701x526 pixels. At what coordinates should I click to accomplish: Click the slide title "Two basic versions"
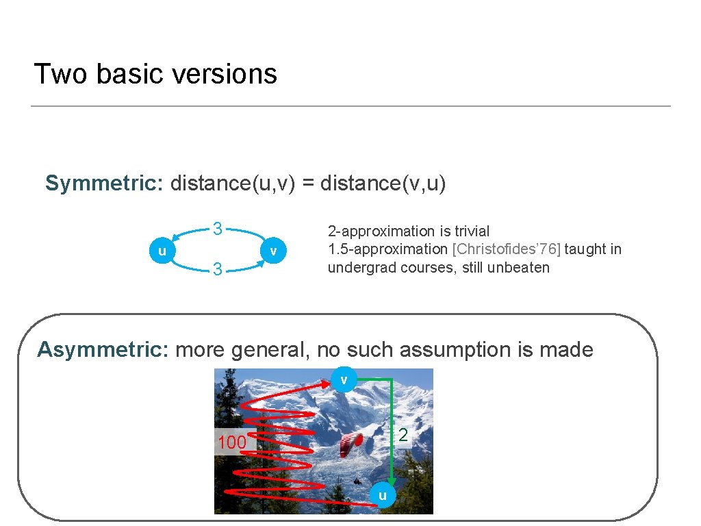click(x=155, y=74)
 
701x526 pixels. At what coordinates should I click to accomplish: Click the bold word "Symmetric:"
click(x=103, y=184)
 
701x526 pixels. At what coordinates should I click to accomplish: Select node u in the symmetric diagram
click(x=162, y=251)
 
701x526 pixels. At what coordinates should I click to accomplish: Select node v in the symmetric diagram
click(x=273, y=251)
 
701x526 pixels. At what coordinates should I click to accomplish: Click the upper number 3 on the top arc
click(x=217, y=229)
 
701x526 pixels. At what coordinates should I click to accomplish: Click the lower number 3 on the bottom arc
click(x=217, y=270)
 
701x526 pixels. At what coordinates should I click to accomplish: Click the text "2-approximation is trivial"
click(x=409, y=231)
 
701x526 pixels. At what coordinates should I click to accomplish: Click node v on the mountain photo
click(x=344, y=379)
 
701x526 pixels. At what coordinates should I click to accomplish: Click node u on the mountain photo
click(x=383, y=495)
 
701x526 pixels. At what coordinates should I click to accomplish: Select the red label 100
click(x=232, y=443)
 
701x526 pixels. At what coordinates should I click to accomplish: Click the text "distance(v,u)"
click(x=383, y=184)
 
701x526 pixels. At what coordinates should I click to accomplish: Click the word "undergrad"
click(x=361, y=268)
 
